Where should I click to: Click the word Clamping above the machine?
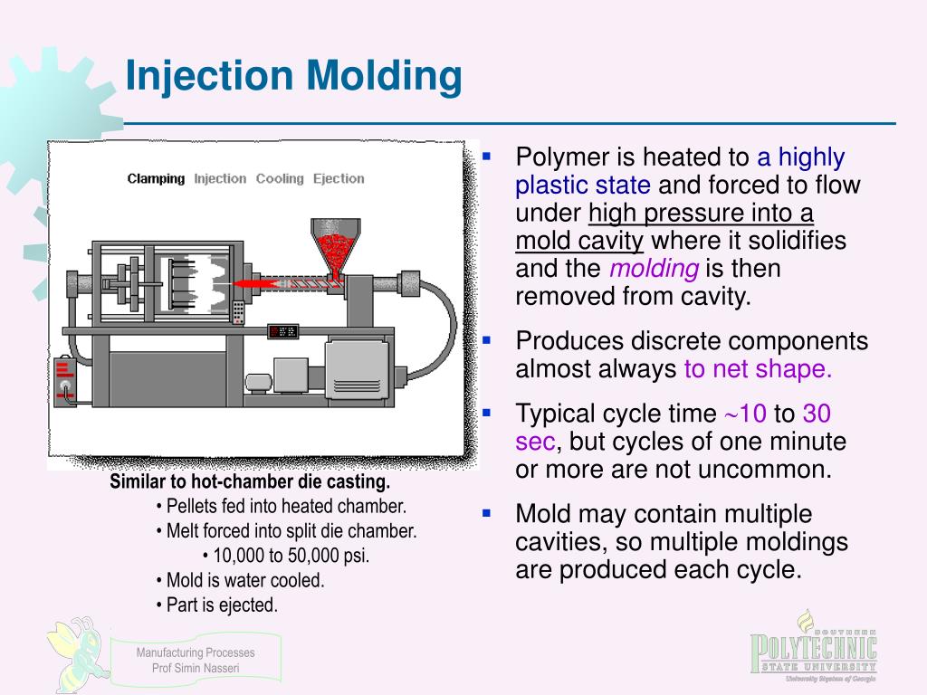tap(156, 178)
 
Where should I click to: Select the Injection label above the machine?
tap(220, 178)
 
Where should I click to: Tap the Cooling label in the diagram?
tap(280, 178)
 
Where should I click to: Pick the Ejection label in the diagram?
tap(339, 178)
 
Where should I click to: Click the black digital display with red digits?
tap(282, 332)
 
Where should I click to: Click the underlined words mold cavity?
tap(579, 242)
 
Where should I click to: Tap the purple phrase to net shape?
tap(758, 369)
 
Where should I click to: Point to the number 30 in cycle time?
tap(817, 414)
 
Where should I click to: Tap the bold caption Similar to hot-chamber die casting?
tap(250, 481)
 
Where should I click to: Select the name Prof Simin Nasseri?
tap(196, 669)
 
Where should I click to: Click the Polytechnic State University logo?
tap(813, 648)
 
